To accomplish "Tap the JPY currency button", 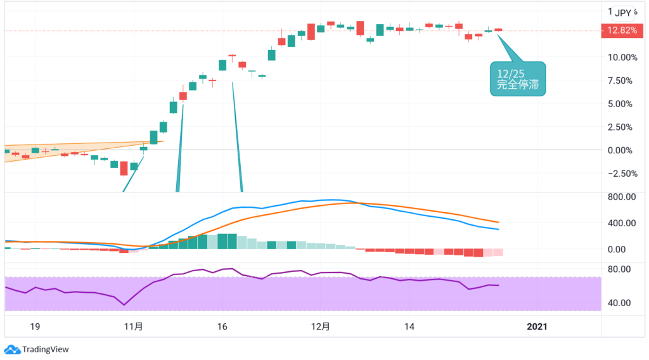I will point(623,13).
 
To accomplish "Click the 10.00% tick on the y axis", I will point(622,57).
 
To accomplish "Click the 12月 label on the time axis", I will point(321,327).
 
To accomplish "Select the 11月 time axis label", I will point(134,327).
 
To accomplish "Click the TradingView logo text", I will point(45,349).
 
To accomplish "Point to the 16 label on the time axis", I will point(222,327).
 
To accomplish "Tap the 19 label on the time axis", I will point(35,327).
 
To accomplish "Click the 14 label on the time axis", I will point(409,327).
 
